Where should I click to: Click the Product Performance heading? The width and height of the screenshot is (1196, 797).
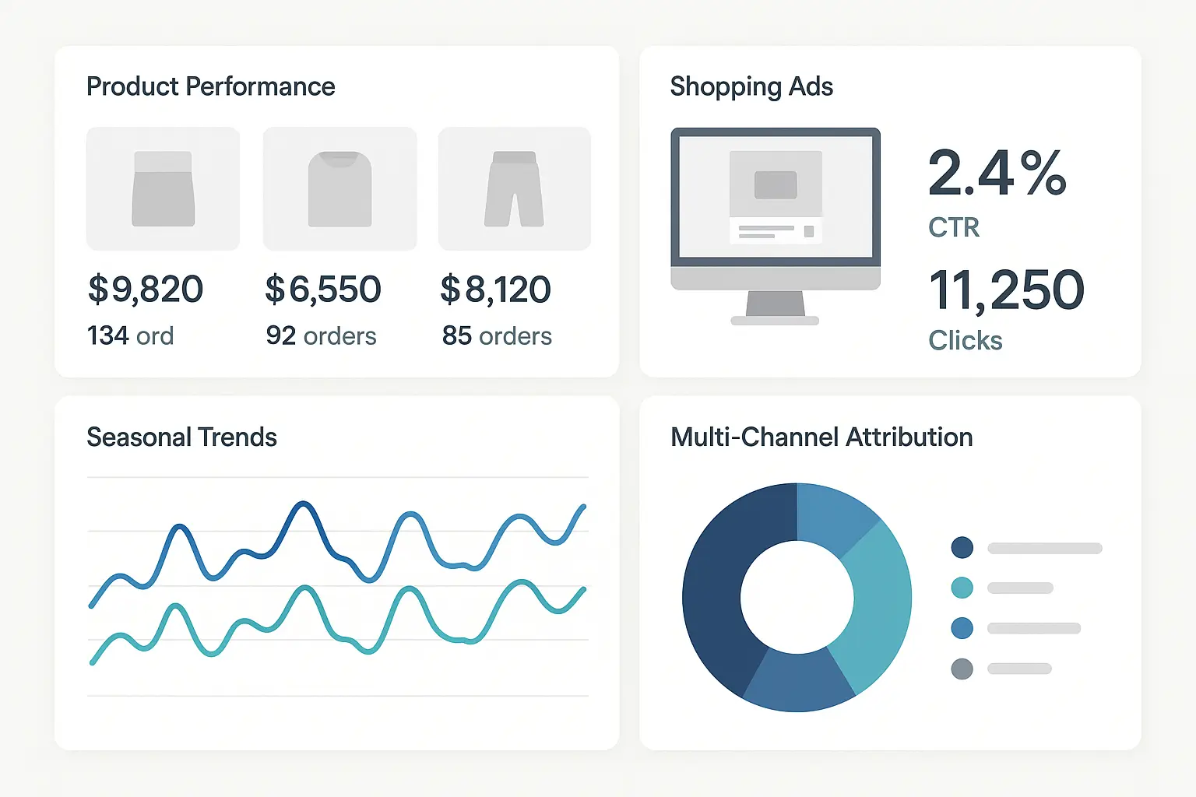pyautogui.click(x=210, y=86)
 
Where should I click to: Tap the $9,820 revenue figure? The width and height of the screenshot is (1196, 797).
pyautogui.click(x=146, y=290)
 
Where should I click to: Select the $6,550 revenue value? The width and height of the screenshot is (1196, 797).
pyautogui.click(x=323, y=290)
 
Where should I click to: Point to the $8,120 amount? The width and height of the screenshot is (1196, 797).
pyautogui.click(x=496, y=290)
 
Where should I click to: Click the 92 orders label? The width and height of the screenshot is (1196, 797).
pyautogui.click(x=321, y=336)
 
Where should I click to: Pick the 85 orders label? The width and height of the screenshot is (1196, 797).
pyautogui.click(x=497, y=336)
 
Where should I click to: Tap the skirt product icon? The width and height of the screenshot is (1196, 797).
pyautogui.click(x=163, y=189)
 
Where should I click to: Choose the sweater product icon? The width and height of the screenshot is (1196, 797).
pyautogui.click(x=339, y=189)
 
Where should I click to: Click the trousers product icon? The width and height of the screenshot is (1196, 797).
pyautogui.click(x=514, y=189)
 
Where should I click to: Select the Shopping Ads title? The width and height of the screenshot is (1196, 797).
pyautogui.click(x=751, y=86)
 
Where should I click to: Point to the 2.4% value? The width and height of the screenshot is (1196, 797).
pyautogui.click(x=997, y=173)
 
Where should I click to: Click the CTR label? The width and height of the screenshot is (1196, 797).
pyautogui.click(x=953, y=227)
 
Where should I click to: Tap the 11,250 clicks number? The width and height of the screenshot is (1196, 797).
pyautogui.click(x=1006, y=290)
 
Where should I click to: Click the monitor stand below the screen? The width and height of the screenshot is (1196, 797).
pyautogui.click(x=775, y=305)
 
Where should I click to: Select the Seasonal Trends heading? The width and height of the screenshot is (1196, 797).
pyautogui.click(x=181, y=437)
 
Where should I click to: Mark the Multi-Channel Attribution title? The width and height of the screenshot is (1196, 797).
pyautogui.click(x=821, y=437)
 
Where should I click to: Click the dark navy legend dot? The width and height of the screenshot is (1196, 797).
pyautogui.click(x=962, y=547)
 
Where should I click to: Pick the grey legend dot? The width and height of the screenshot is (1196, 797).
pyautogui.click(x=962, y=669)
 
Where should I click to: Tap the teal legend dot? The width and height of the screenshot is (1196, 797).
pyautogui.click(x=962, y=588)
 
